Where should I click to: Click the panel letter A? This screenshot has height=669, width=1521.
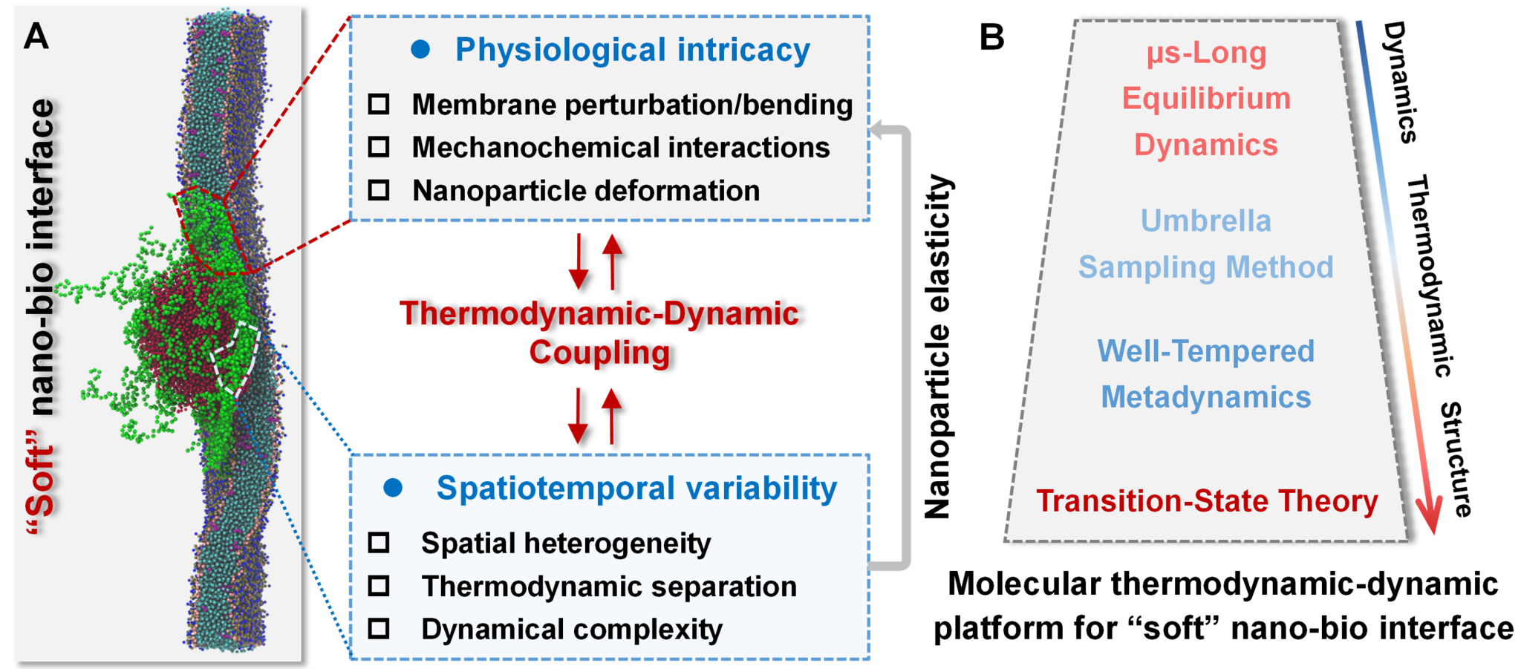click(x=36, y=36)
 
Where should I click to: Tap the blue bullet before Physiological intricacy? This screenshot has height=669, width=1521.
click(x=420, y=50)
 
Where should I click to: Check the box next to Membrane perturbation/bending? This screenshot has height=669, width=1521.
click(x=379, y=104)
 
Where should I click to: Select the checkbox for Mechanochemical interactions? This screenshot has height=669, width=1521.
click(x=379, y=147)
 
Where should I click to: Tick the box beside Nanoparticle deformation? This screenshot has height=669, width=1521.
click(x=379, y=190)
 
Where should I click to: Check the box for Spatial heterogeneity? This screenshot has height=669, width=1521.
click(x=379, y=543)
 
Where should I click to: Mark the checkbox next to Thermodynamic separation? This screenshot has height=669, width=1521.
click(x=379, y=586)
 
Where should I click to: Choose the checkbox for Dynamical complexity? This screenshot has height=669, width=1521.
click(x=379, y=629)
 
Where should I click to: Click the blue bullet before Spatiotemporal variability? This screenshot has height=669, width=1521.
click(x=393, y=488)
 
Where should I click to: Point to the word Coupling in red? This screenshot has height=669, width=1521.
click(x=599, y=353)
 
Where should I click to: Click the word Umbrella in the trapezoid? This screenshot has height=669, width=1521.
click(x=1205, y=221)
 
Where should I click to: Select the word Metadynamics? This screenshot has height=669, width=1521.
click(x=1205, y=397)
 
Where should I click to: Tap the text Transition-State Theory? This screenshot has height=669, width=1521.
click(x=1206, y=501)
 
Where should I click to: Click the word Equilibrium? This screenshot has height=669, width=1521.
click(x=1206, y=99)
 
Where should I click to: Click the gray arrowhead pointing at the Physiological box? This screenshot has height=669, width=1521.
click(x=877, y=130)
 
